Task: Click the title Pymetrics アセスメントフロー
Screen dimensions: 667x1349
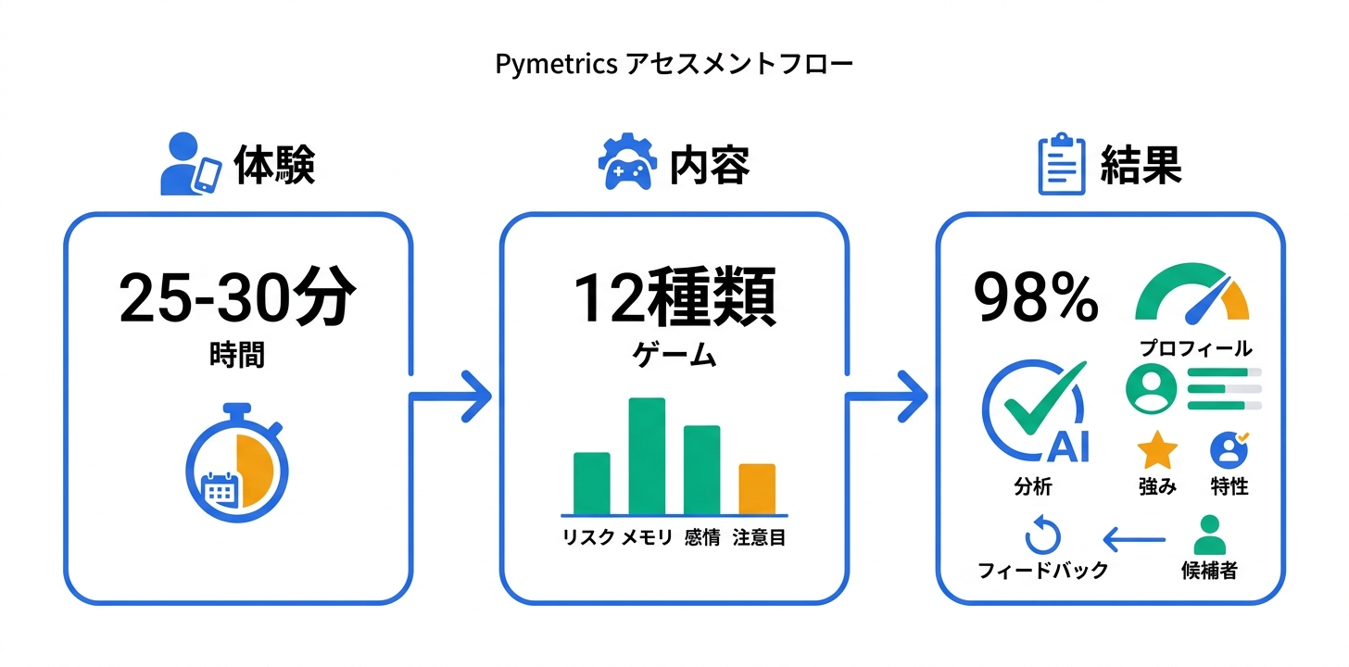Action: pyautogui.click(x=674, y=65)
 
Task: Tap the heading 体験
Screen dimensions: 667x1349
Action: pyautogui.click(x=274, y=166)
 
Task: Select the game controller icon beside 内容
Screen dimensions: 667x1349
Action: pyautogui.click(x=628, y=165)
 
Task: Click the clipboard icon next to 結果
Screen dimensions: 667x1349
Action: pyautogui.click(x=1061, y=166)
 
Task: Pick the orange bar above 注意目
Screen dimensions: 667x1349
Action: pyautogui.click(x=757, y=488)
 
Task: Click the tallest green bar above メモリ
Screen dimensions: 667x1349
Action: pyautogui.click(x=647, y=455)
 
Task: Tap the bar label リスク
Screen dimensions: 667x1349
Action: pyautogui.click(x=587, y=537)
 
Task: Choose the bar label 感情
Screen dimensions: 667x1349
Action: pyautogui.click(x=702, y=537)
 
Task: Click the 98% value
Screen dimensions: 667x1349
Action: pyautogui.click(x=1036, y=298)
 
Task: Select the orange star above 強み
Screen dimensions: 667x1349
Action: pyautogui.click(x=1157, y=451)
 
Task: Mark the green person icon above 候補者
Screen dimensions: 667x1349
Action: pyautogui.click(x=1208, y=535)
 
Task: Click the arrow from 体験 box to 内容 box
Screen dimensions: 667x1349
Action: pyautogui.click(x=450, y=396)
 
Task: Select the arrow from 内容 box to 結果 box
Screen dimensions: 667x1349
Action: pyautogui.click(x=887, y=396)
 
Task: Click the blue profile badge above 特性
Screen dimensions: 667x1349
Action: pyautogui.click(x=1229, y=450)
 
